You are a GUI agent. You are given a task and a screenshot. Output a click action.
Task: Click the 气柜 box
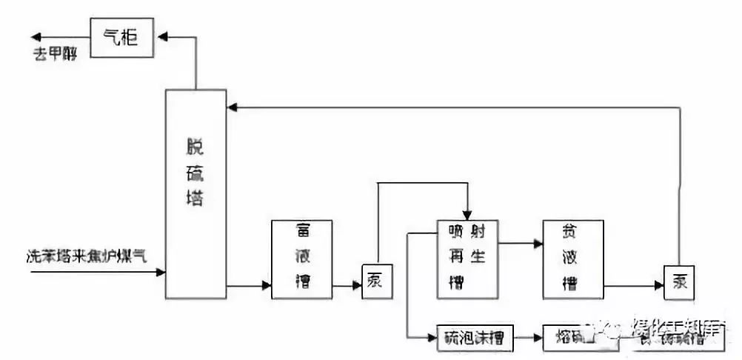point(121,37)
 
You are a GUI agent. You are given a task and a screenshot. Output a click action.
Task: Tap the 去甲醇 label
point(56,55)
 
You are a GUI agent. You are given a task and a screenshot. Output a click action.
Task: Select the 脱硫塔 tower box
point(195,193)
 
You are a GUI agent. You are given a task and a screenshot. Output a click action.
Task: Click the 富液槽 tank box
point(301,259)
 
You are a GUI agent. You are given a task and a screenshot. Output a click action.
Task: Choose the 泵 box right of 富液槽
point(376,282)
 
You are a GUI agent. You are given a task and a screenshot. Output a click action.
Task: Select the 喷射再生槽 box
point(467,259)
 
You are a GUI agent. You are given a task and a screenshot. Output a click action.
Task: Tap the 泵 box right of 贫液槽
point(678,282)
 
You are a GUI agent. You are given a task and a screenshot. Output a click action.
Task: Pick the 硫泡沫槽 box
point(474,338)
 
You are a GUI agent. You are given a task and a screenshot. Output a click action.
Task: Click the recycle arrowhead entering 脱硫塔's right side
point(232,108)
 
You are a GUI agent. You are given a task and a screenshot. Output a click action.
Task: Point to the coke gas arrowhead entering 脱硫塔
point(161,273)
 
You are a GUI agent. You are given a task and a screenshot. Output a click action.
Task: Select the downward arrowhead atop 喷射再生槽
point(467,216)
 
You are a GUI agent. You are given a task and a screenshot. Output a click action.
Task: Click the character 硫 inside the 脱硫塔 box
point(195,175)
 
